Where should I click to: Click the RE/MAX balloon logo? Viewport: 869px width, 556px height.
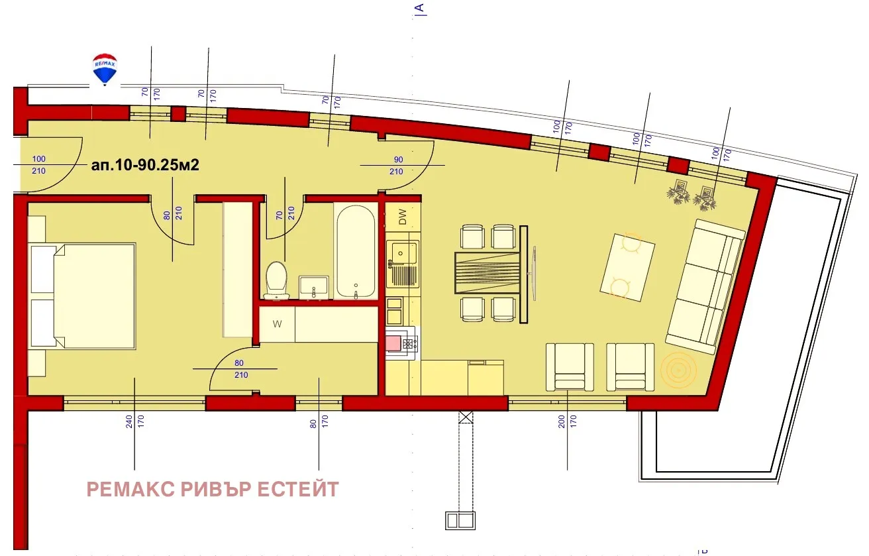click(x=104, y=69)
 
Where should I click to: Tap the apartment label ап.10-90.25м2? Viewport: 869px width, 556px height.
click(x=145, y=166)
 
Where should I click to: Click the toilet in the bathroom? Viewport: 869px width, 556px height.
click(x=276, y=279)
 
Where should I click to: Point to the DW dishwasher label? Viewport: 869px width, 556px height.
click(x=402, y=215)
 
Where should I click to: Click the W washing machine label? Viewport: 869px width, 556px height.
click(x=277, y=324)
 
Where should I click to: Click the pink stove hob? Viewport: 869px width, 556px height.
click(x=396, y=343)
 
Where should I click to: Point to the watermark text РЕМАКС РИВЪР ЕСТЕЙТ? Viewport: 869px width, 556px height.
click(x=213, y=490)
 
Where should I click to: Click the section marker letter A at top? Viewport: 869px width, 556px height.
click(x=419, y=8)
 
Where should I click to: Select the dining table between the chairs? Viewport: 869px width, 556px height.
click(x=486, y=272)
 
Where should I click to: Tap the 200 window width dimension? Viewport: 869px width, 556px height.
click(x=561, y=421)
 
